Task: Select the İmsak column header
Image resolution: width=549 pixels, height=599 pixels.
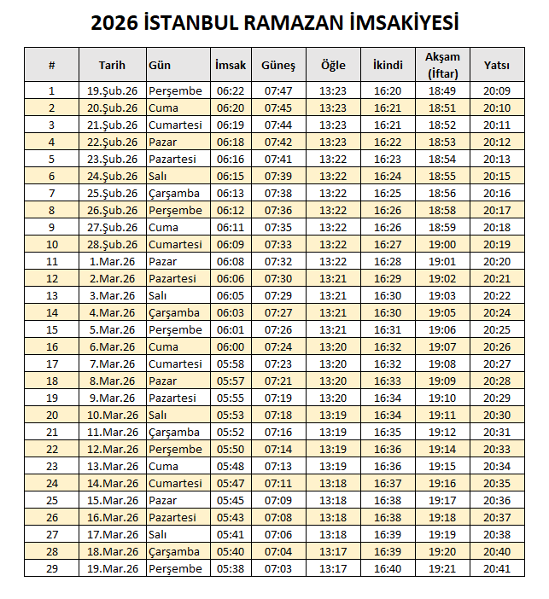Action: pyautogui.click(x=231, y=65)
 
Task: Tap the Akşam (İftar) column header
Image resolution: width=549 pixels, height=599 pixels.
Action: pyautogui.click(x=442, y=65)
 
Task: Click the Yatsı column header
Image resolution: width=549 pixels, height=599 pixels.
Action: pyautogui.click(x=496, y=65)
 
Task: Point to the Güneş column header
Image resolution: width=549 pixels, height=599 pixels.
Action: pyautogui.click(x=278, y=65)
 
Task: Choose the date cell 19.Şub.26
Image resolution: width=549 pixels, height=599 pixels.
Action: pyautogui.click(x=112, y=90)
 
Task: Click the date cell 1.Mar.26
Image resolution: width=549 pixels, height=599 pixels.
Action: pyautogui.click(x=112, y=261)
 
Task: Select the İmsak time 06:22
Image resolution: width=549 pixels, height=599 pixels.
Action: pyautogui.click(x=231, y=90)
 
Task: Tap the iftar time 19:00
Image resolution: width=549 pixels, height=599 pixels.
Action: pyautogui.click(x=442, y=244)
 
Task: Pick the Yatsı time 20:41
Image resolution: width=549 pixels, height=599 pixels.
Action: pyautogui.click(x=496, y=568)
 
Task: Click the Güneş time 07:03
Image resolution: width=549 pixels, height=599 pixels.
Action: pyautogui.click(x=278, y=568)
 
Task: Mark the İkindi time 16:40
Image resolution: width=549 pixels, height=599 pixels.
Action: pyautogui.click(x=388, y=568)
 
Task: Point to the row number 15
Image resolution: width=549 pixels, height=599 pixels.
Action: pyautogui.click(x=51, y=329)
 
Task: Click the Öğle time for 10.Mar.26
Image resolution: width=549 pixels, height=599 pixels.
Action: pyautogui.click(x=333, y=415)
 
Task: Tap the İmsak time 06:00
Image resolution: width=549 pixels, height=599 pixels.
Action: pyautogui.click(x=231, y=346)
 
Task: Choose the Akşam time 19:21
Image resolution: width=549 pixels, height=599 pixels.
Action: pyautogui.click(x=442, y=568)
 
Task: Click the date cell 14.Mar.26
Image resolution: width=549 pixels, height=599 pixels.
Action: pyautogui.click(x=112, y=483)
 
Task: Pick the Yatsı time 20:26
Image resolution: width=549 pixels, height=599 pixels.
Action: pyautogui.click(x=496, y=346)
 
